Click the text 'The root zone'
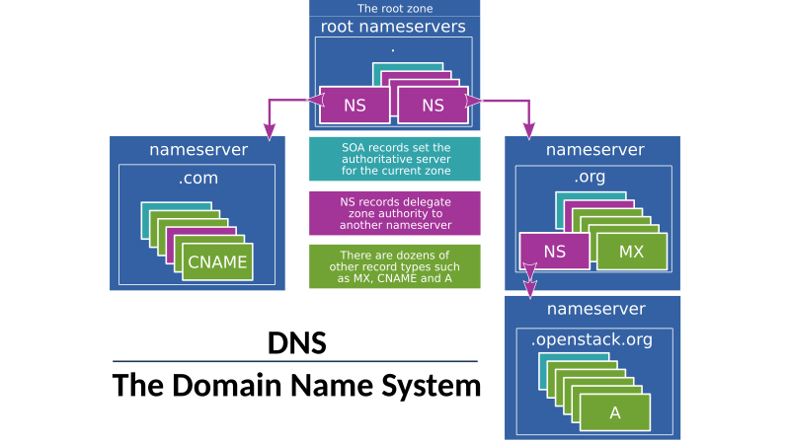click(x=395, y=8)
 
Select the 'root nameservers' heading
click(x=394, y=27)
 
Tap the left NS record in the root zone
click(x=355, y=106)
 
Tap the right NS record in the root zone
click(x=433, y=106)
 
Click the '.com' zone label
click(x=198, y=179)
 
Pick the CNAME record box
click(x=216, y=262)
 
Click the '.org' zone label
click(x=590, y=178)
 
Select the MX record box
click(x=631, y=252)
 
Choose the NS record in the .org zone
click(x=554, y=252)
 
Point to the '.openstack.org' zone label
click(x=592, y=340)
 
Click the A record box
click(x=615, y=412)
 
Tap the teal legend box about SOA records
click(x=395, y=159)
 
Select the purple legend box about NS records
click(x=395, y=213)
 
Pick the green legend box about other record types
click(x=395, y=266)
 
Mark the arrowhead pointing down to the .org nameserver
click(x=528, y=130)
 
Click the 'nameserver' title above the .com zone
click(x=198, y=150)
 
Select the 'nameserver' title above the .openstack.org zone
click(x=594, y=309)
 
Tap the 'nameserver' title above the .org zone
click(x=594, y=150)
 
